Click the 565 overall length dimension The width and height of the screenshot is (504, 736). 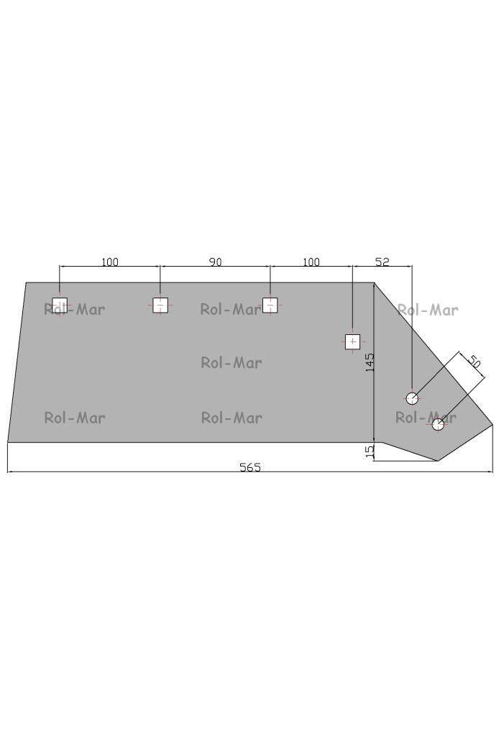(250, 467)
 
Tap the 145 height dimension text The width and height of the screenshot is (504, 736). (370, 363)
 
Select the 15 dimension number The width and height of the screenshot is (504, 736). (370, 451)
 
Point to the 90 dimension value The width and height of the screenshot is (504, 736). (215, 262)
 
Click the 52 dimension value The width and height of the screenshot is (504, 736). (382, 262)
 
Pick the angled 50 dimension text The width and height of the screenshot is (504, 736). (474, 362)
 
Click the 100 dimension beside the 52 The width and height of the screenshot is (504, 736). (311, 262)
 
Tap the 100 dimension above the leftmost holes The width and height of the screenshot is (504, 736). (110, 262)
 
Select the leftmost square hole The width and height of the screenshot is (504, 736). (60, 305)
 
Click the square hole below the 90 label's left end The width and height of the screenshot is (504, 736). (160, 305)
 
